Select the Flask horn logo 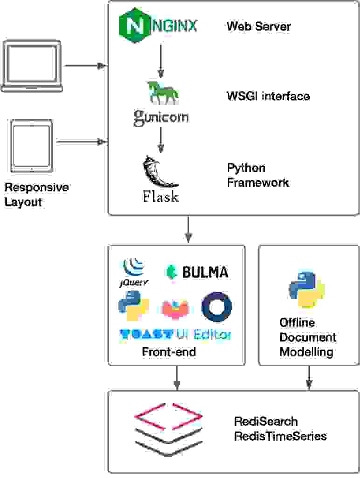(160, 173)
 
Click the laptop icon (32, 66)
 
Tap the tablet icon (32, 146)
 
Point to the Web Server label (258, 26)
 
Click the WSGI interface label (268, 96)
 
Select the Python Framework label (257, 175)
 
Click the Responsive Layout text (36, 195)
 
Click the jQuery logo (134, 272)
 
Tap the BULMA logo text (197, 272)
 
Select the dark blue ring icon (217, 307)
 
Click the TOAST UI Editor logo (175, 334)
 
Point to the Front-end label (169, 351)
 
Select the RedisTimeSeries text (280, 436)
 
